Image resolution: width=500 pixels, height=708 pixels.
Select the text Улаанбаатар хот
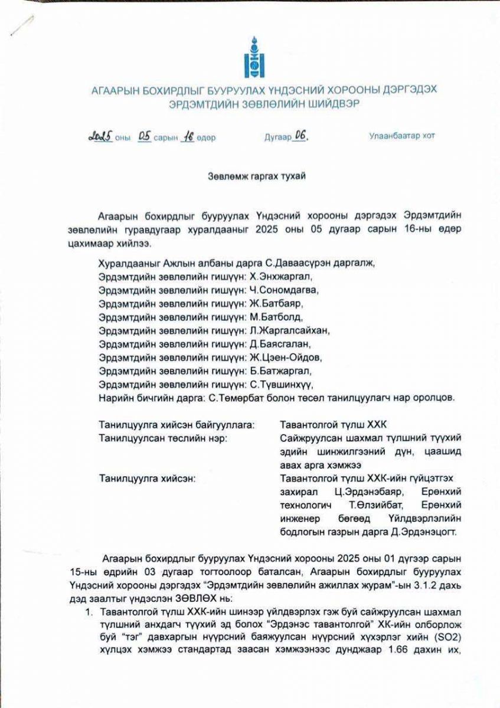(402, 136)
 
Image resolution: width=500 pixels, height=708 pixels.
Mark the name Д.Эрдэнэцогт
(416, 533)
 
